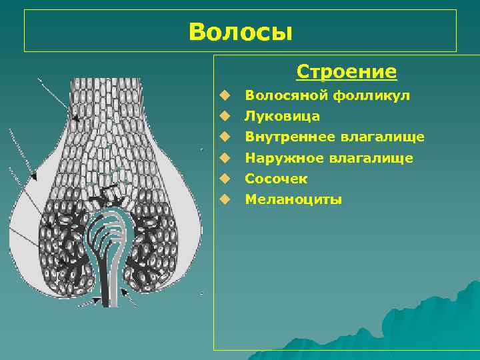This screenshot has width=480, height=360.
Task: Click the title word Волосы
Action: [240, 31]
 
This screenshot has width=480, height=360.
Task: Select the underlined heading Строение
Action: [346, 71]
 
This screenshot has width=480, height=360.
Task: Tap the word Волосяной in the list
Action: [283, 95]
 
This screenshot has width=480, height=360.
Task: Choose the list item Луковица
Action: [282, 116]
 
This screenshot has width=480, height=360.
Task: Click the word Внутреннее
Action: [290, 137]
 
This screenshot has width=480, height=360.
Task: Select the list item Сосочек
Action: [276, 179]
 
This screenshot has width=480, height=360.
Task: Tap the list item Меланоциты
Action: [293, 199]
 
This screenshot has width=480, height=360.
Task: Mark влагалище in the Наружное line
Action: [371, 158]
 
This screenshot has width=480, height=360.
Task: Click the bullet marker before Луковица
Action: [227, 116]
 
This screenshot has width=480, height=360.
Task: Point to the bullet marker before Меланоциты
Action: [227, 199]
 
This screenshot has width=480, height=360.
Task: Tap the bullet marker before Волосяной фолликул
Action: [227, 95]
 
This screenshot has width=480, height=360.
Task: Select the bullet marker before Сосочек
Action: [227, 179]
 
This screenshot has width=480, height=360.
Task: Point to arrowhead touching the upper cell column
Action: [75, 117]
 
